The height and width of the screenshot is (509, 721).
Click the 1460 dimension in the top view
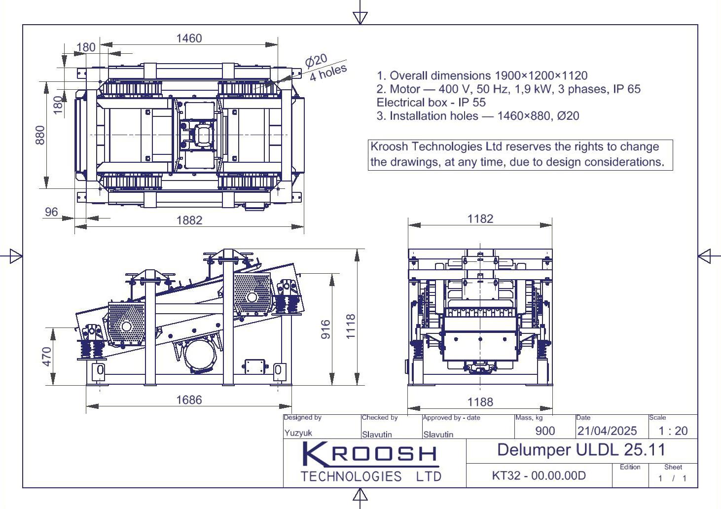click(x=189, y=38)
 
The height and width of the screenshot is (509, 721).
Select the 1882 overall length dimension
click(x=189, y=220)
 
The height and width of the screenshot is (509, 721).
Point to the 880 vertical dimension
click(x=40, y=135)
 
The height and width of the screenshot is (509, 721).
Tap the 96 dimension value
click(x=51, y=212)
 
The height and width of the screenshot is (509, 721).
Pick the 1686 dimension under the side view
click(x=189, y=400)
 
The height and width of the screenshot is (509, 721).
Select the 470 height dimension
click(x=47, y=357)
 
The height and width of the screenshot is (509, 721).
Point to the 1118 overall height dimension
click(x=351, y=327)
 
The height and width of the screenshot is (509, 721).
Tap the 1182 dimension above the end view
click(x=480, y=219)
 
